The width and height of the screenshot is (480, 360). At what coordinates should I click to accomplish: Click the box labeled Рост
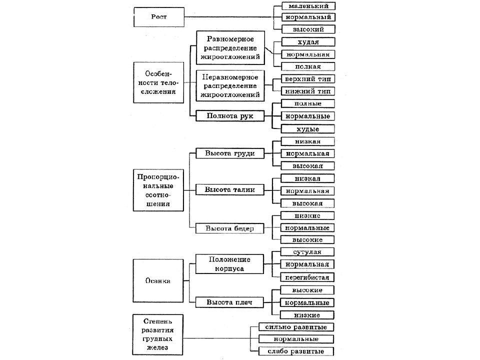coord(159,17)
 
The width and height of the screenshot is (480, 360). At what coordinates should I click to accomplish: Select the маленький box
coord(308,6)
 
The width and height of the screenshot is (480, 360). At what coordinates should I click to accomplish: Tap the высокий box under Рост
coord(308,29)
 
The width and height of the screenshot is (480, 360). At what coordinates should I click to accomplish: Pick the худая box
coord(308,42)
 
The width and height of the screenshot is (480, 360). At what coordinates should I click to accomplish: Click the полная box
coord(308,66)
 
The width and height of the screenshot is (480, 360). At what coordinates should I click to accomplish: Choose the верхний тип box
coord(308,79)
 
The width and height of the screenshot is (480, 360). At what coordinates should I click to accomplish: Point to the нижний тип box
coord(308,91)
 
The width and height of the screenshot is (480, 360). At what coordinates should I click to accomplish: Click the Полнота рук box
coord(230,115)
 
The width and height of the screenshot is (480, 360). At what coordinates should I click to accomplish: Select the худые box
coord(307,129)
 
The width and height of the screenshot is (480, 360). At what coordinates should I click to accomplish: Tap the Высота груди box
coord(230,153)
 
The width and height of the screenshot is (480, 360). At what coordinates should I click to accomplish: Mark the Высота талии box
coord(230,190)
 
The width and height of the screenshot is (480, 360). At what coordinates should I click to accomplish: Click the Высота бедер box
coord(229,228)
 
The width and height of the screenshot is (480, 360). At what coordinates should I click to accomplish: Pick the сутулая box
coord(307,252)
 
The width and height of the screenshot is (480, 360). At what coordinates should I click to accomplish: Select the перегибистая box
coord(307,277)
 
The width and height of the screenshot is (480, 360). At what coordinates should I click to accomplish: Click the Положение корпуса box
coord(229,264)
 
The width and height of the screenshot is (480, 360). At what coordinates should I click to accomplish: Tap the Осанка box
coord(158,280)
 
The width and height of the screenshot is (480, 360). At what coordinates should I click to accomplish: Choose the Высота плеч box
coord(229,302)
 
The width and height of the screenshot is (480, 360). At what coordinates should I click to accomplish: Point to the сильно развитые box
coord(296,327)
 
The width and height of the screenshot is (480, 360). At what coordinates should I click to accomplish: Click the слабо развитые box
coord(296,351)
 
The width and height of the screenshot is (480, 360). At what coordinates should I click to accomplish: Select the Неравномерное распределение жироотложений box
coord(230,86)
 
